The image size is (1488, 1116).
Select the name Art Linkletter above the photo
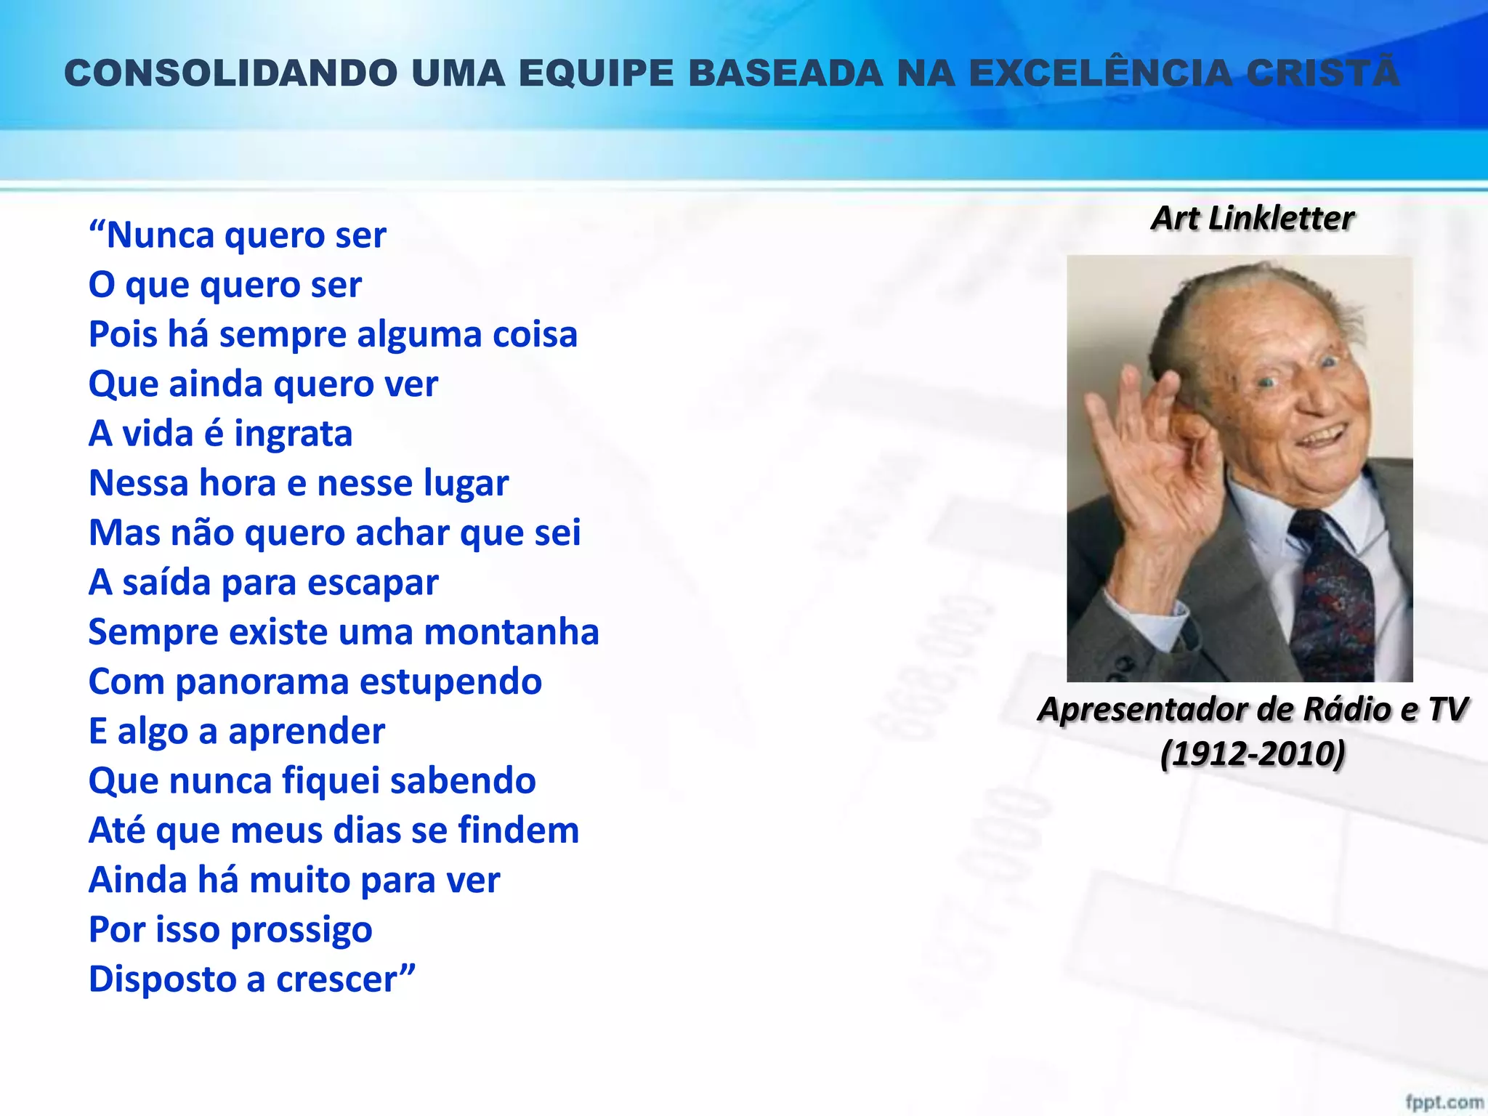tap(1253, 218)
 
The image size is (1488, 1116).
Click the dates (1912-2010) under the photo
tap(1253, 753)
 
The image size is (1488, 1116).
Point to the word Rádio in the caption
tap(1346, 709)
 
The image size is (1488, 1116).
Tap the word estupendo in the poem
tap(450, 682)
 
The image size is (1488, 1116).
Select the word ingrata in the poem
tap(293, 434)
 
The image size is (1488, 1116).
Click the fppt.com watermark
tap(1444, 1102)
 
